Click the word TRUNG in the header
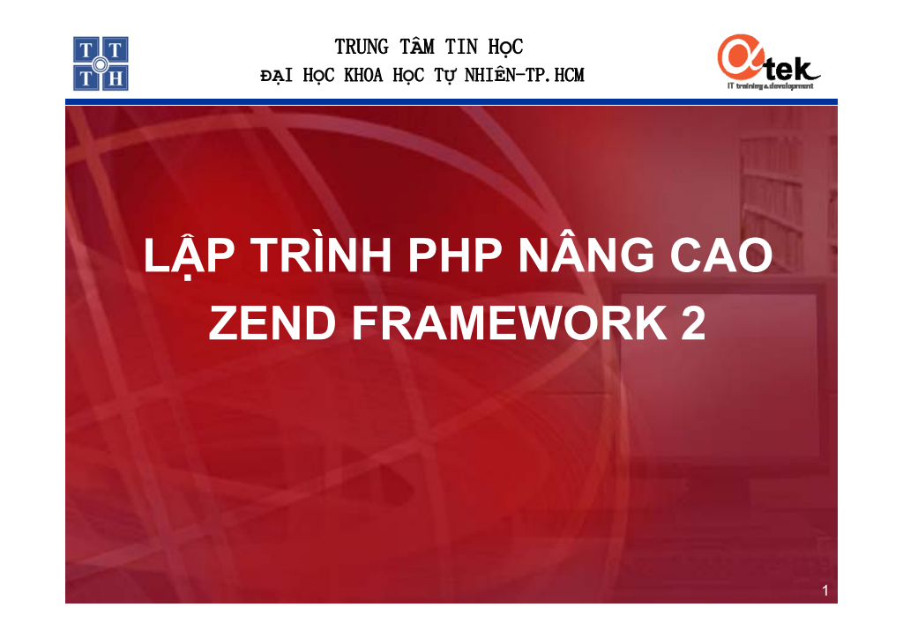click(362, 48)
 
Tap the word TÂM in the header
click(417, 46)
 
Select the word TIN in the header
click(461, 48)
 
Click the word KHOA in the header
click(363, 76)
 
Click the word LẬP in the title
click(189, 256)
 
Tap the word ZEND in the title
click(272, 322)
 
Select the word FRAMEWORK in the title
click(509, 322)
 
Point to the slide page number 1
click(825, 590)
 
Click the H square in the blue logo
click(116, 78)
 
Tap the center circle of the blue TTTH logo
click(101, 63)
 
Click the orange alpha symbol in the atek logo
click(741, 56)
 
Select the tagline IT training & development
click(771, 85)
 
